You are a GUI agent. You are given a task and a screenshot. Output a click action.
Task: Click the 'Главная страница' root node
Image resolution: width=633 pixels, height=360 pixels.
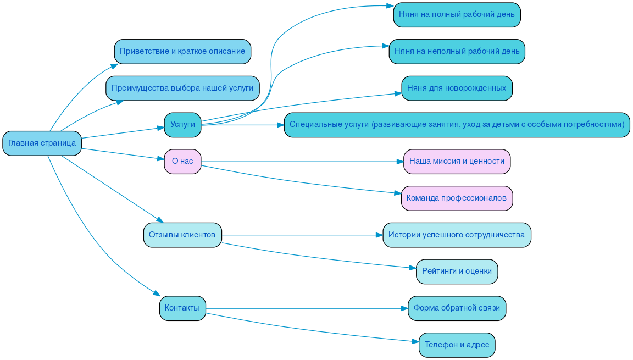[x=42, y=143]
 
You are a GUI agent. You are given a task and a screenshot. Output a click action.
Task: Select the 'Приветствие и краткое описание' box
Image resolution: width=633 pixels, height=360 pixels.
[x=182, y=52]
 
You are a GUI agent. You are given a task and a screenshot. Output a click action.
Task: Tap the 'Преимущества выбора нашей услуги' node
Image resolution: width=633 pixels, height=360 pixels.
[x=182, y=88]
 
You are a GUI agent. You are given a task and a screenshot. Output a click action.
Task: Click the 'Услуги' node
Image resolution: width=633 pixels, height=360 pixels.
[x=182, y=125]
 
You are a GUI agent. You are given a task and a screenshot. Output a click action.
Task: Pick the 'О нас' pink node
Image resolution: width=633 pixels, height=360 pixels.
[x=182, y=162]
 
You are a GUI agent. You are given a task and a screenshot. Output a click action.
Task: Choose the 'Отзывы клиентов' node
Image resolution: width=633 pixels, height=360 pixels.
[x=182, y=235]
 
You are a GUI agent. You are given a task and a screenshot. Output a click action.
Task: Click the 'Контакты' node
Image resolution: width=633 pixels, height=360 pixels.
[x=182, y=308]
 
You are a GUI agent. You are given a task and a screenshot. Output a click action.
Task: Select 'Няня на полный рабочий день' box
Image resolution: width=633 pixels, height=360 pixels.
[x=457, y=15]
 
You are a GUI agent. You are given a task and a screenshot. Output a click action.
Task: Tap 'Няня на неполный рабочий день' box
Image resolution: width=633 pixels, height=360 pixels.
[x=457, y=52]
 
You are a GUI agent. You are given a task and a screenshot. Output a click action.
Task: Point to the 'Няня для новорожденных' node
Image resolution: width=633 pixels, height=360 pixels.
[x=457, y=88]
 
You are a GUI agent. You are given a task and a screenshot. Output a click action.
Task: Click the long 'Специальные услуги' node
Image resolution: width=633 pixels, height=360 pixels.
[x=457, y=125]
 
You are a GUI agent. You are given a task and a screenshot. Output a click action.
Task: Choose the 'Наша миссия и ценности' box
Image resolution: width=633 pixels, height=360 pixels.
[x=457, y=162]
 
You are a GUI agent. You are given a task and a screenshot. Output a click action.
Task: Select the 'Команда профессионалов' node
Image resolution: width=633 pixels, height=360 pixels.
[x=457, y=198]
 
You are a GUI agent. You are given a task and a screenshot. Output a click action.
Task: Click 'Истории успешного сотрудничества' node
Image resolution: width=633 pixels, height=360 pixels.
[x=457, y=235]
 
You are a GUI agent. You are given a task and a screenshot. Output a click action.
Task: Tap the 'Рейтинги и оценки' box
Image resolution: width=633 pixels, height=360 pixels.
[x=457, y=272]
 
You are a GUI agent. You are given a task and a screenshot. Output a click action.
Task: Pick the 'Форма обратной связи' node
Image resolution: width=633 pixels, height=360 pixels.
[x=457, y=308]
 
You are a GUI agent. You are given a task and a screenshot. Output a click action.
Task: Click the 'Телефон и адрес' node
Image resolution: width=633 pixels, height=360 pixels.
[x=457, y=345]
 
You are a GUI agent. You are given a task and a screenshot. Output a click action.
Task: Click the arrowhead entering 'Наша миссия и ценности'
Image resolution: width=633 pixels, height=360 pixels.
[x=399, y=162]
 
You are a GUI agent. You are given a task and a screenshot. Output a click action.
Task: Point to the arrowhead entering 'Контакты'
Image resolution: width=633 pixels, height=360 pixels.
[x=157, y=295]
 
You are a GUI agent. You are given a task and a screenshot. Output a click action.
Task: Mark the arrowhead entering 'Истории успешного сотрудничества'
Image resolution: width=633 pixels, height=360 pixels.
[x=379, y=235]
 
